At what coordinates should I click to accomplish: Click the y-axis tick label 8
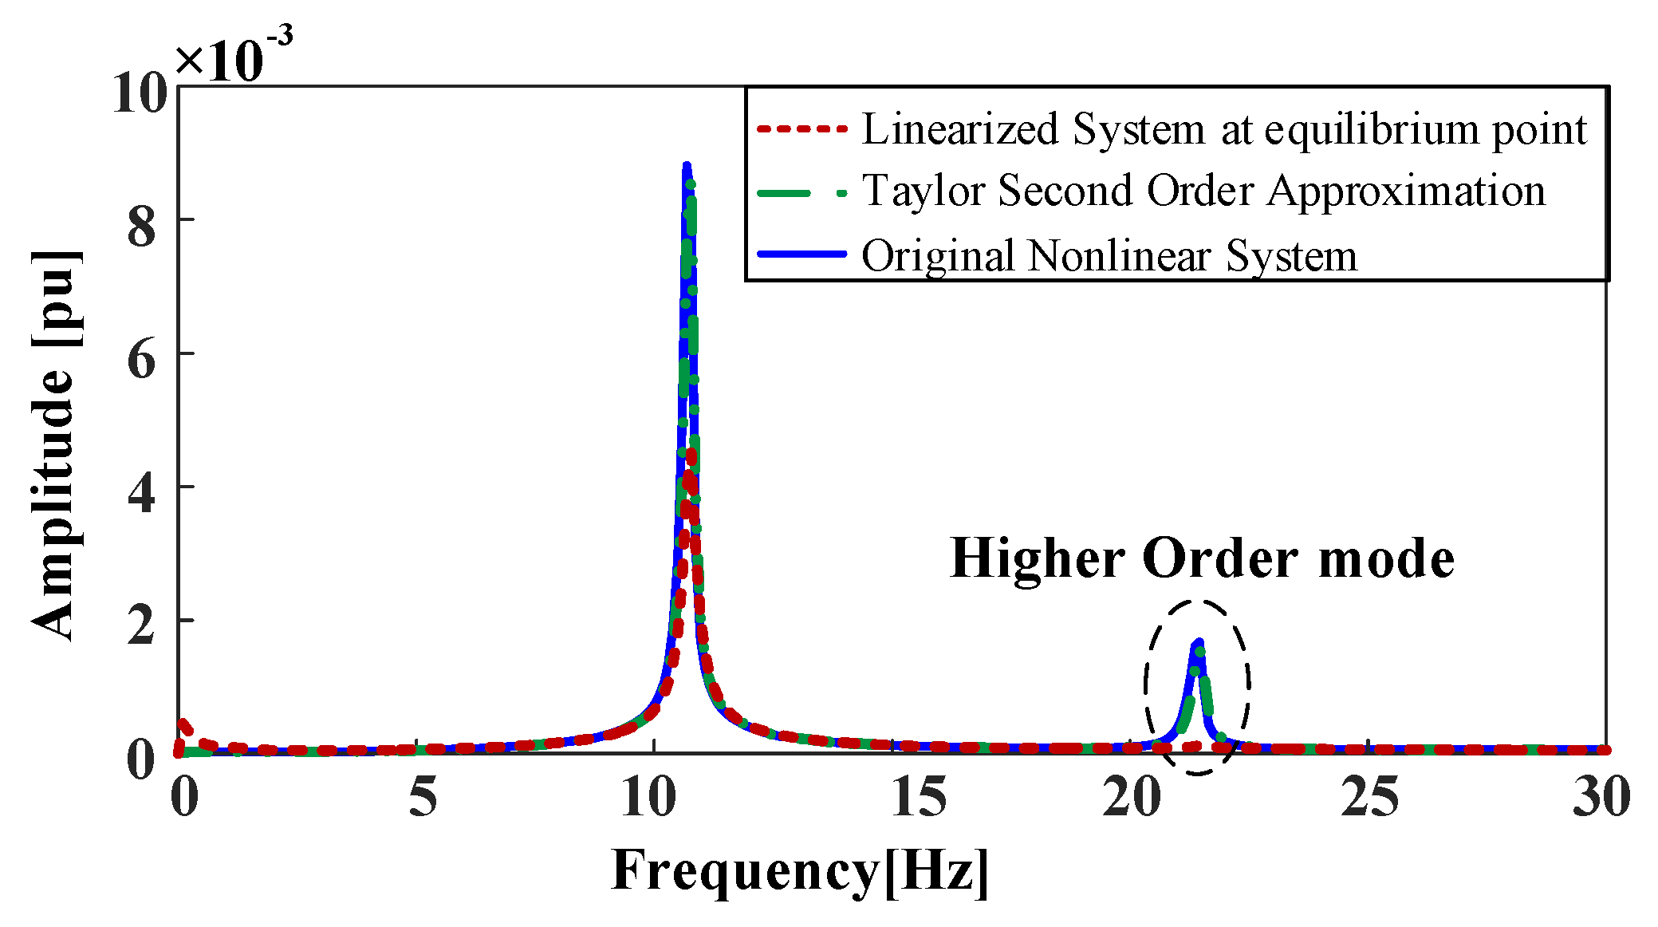coord(142,227)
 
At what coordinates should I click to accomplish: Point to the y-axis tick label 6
coord(142,360)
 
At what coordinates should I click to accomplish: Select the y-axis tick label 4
coord(142,493)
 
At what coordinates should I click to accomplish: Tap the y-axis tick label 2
coord(142,626)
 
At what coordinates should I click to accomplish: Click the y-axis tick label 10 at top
coord(140,93)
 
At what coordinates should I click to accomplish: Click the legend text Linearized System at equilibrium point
coord(1224,128)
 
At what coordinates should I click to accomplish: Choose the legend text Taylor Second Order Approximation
coord(1203,191)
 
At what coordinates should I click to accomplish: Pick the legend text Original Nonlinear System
coord(1109,256)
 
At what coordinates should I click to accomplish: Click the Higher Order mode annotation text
coord(1203,558)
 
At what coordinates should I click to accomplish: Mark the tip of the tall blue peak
coord(686,165)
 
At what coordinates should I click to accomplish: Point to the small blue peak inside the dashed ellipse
coord(1197,642)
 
